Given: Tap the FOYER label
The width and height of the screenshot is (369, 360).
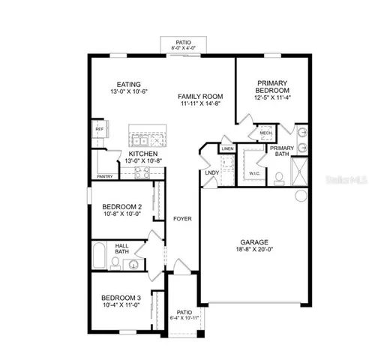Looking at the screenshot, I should pos(181,220).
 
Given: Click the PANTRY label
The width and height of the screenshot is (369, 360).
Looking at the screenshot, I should pos(105,177).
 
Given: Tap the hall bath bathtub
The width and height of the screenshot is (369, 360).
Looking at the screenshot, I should pos(98,256).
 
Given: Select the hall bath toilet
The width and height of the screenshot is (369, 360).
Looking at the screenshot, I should pos(115,262).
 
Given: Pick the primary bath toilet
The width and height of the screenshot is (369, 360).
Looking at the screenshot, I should pos(278,177).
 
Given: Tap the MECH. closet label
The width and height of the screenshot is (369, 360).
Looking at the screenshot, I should pos(266,133).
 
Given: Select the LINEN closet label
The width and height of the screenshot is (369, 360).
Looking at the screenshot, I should pos(227,149).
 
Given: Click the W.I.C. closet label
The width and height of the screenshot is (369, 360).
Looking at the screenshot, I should pos(253,174).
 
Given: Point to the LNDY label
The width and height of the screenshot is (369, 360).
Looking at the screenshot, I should pos(211,173).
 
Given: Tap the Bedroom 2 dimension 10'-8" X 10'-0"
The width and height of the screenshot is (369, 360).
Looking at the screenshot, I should pos(121,214).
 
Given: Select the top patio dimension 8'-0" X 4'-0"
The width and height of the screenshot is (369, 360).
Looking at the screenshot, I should pos(184,48).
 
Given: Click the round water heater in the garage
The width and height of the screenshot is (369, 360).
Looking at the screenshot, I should pos(301,196).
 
